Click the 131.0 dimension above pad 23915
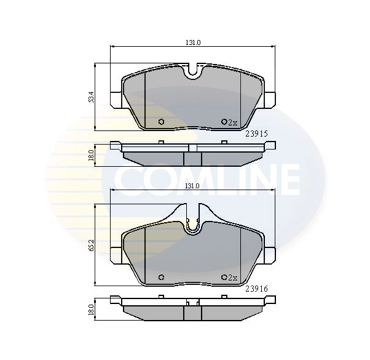[194, 42]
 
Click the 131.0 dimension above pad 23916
[194, 186]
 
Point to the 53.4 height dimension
[91, 97]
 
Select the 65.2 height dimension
[91, 244]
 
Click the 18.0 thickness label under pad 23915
[91, 154]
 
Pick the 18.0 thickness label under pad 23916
[91, 310]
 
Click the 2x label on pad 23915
[232, 122]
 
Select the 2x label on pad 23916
[232, 278]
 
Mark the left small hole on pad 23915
[161, 122]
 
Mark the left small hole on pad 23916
[161, 277]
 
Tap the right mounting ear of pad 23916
[270, 254]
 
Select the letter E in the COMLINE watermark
[288, 179]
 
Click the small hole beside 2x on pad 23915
[224, 122]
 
